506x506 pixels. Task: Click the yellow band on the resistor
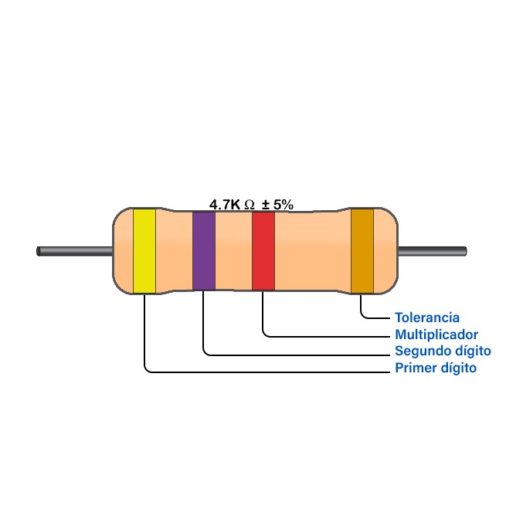coord(144,251)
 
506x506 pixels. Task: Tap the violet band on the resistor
coord(204,251)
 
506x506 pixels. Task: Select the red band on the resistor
coord(263,251)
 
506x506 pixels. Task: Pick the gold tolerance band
coord(362,251)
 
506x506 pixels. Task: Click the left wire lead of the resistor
coord(74,251)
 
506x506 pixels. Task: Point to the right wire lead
coord(432,251)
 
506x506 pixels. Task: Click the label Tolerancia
coord(427,318)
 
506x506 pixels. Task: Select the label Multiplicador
coord(436,335)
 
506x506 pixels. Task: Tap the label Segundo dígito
coord(443,351)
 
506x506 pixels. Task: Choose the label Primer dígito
coord(436,368)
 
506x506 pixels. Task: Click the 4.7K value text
coord(225,205)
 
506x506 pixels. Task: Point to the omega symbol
coord(249,205)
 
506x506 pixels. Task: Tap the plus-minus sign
coord(266,205)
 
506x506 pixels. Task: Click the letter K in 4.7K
coord(236,205)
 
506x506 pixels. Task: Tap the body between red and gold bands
coord(313,251)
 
